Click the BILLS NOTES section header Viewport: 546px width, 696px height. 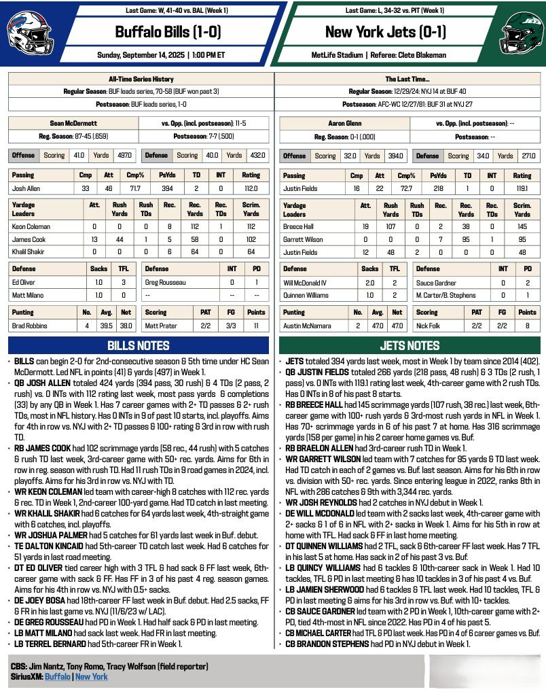pos(140,346)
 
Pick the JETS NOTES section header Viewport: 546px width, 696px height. pos(409,346)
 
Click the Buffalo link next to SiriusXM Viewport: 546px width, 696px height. pos(58,677)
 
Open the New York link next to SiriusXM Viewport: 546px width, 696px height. pos(91,677)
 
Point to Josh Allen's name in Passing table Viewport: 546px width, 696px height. pos(29,188)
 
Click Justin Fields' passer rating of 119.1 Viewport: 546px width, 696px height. pos(521,188)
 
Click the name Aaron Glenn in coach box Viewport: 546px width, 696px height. pos(343,124)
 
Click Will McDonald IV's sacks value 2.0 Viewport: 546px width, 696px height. pos(370,281)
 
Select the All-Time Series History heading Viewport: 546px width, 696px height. pos(141,79)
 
